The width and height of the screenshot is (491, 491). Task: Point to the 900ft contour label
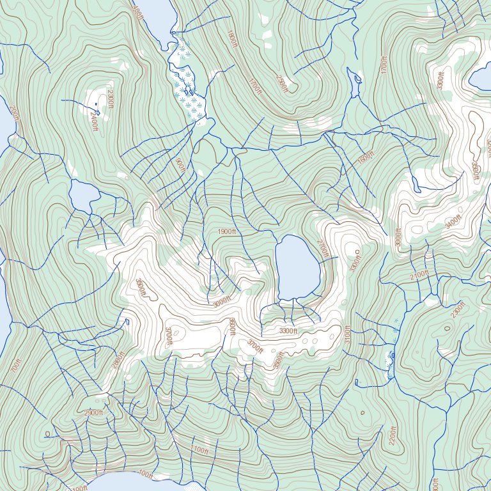click(x=180, y=166)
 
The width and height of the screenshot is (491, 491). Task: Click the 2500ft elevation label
click(x=282, y=82)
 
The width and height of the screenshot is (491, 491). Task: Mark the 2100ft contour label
click(x=419, y=275)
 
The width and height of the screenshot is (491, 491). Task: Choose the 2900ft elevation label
click(x=93, y=413)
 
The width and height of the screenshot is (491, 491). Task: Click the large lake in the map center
click(x=297, y=267)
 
